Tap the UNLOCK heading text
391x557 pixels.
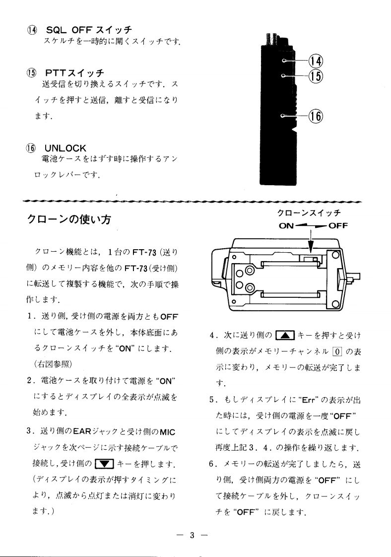coord(65,148)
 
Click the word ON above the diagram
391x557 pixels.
coord(287,226)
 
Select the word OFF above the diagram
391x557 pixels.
coord(337,226)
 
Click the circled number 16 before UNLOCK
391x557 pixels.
coord(33,148)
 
